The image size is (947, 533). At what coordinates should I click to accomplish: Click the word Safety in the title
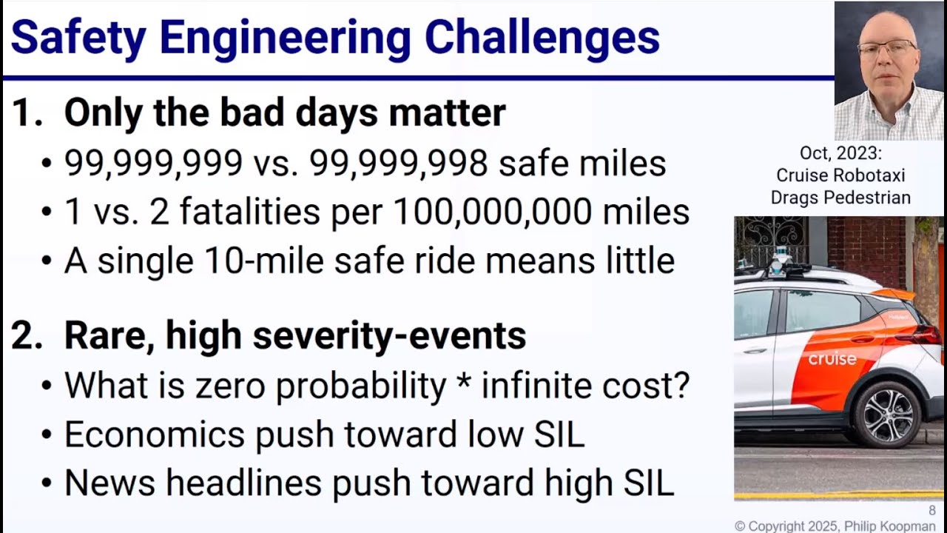[x=78, y=37]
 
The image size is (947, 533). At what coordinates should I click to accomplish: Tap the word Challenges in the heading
[x=542, y=37]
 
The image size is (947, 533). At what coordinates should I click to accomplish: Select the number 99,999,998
[x=399, y=164]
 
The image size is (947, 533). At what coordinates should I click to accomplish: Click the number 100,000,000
[x=492, y=212]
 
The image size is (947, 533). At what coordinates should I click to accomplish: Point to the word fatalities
[x=250, y=212]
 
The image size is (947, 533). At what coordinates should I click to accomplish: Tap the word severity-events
[x=389, y=336]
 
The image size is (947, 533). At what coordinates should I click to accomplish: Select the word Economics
[x=155, y=434]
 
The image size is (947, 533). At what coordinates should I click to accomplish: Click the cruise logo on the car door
[x=832, y=359]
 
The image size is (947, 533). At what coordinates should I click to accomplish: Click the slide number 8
[x=931, y=511]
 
